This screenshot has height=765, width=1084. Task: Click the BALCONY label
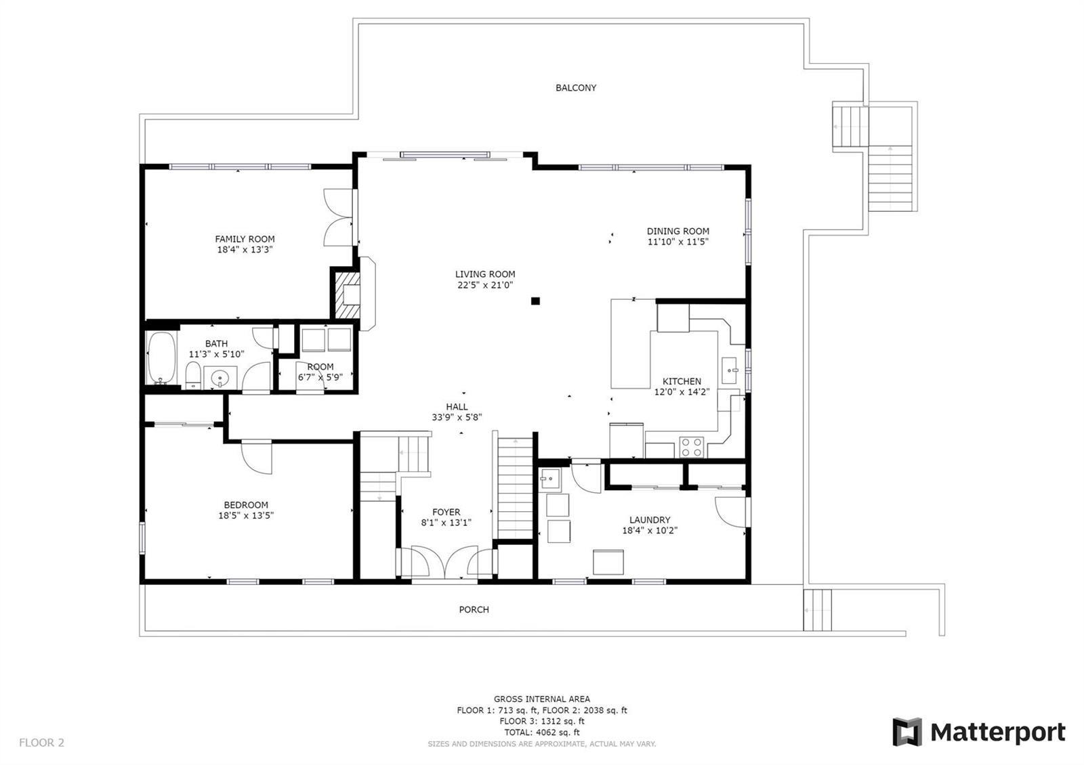tap(575, 88)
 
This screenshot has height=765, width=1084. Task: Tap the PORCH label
tap(474, 610)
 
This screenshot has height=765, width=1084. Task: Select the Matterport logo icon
tap(906, 732)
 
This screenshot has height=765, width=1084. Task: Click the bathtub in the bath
tap(161, 357)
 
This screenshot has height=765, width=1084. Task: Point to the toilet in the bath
tap(193, 375)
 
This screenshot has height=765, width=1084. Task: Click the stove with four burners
tap(691, 447)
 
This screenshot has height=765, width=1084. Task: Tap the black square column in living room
tap(535, 301)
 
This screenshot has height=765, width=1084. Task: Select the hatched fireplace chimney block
tap(348, 295)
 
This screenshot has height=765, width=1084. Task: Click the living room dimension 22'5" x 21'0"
tap(485, 285)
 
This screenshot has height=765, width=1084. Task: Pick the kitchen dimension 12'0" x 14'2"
tap(682, 392)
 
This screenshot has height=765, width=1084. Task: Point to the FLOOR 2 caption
tap(41, 743)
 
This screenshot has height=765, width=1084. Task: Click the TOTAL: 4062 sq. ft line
tap(541, 733)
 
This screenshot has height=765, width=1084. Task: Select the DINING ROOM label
tap(678, 231)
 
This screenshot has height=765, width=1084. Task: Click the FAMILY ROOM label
tap(245, 239)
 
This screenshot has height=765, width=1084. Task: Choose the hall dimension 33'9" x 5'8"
tap(457, 417)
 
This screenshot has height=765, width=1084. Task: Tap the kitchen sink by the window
tap(729, 370)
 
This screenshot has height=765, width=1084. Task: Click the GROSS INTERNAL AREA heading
tap(541, 699)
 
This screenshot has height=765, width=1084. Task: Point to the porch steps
tap(817, 610)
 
